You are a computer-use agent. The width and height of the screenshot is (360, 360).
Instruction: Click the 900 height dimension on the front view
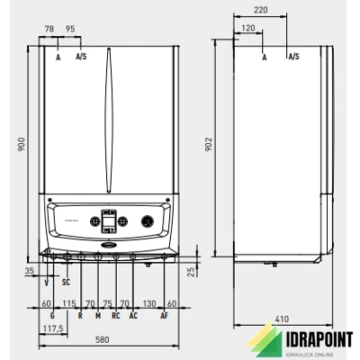click(22, 144)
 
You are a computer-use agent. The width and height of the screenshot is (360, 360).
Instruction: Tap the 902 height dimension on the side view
click(209, 144)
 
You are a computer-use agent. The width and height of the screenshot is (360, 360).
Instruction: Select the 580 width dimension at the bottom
click(103, 340)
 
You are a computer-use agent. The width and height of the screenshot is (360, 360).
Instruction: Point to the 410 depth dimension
click(282, 319)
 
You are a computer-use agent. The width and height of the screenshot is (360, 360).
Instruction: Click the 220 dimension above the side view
click(260, 10)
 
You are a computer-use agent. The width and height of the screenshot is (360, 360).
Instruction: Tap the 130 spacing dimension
click(149, 303)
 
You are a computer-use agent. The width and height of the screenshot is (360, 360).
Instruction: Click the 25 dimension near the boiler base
click(191, 272)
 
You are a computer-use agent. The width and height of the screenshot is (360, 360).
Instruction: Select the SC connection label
click(66, 282)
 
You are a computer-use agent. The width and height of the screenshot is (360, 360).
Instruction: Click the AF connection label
click(164, 316)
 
